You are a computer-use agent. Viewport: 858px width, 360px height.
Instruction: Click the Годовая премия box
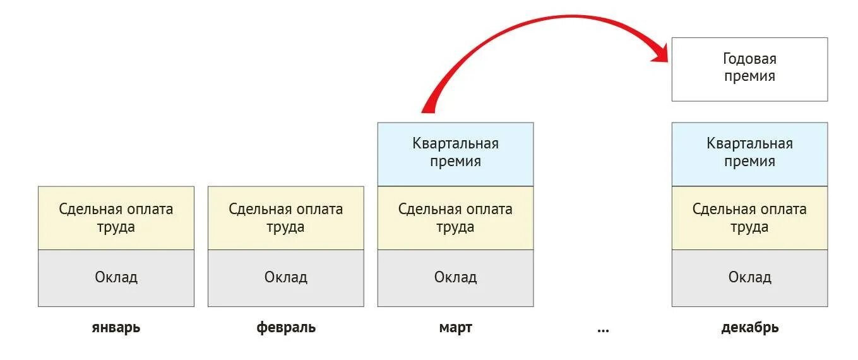[x=749, y=69]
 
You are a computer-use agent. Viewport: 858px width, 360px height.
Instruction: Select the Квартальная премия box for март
[x=455, y=154]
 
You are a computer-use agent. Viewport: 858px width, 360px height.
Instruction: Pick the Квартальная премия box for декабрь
[x=749, y=154]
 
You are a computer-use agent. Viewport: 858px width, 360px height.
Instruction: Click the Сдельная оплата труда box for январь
[x=116, y=218]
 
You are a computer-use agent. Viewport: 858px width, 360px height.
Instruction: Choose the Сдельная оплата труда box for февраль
[x=285, y=218]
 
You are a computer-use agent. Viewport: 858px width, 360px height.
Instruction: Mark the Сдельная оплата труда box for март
[x=455, y=218]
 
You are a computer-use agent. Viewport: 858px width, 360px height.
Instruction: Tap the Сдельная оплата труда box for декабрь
[x=749, y=218]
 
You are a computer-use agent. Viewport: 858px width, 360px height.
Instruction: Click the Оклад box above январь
[x=116, y=278]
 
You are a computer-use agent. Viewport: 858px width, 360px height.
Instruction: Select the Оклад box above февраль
[x=285, y=278]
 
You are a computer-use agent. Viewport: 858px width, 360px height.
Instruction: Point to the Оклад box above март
[x=455, y=278]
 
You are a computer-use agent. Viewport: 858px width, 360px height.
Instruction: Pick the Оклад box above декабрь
[x=749, y=278]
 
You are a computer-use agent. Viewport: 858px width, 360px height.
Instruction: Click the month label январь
[x=116, y=328]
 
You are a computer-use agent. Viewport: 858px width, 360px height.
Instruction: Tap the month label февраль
[x=286, y=328]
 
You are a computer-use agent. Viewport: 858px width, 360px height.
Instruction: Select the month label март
[x=455, y=328]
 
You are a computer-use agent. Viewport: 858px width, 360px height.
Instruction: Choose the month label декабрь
[x=749, y=328]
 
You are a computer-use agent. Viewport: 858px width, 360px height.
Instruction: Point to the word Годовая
[x=749, y=59]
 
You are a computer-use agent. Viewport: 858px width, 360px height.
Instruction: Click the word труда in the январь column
[x=116, y=227]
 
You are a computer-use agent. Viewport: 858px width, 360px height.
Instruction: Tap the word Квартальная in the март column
[x=455, y=144]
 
